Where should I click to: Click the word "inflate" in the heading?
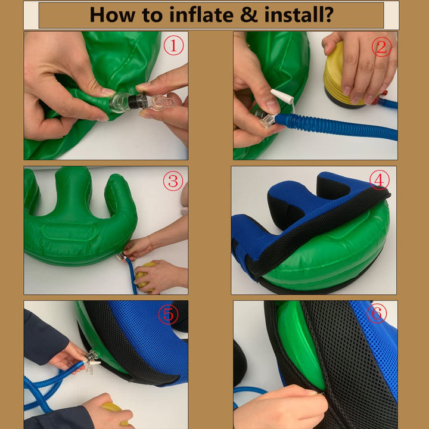tap(201, 15)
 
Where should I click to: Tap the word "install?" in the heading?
tap(299, 15)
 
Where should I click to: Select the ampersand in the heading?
tap(248, 15)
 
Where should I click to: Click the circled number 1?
tap(173, 45)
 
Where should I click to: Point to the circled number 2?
tap(381, 47)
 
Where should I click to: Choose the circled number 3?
tap(173, 181)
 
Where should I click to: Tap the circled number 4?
tap(380, 180)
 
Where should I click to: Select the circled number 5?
tap(168, 315)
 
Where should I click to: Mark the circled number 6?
tap(377, 313)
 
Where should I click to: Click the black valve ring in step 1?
tap(134, 101)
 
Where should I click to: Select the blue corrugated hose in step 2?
tap(336, 126)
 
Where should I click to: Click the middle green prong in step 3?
tap(73, 191)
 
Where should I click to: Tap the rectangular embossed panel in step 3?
tap(70, 233)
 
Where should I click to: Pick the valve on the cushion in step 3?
tap(121, 257)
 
